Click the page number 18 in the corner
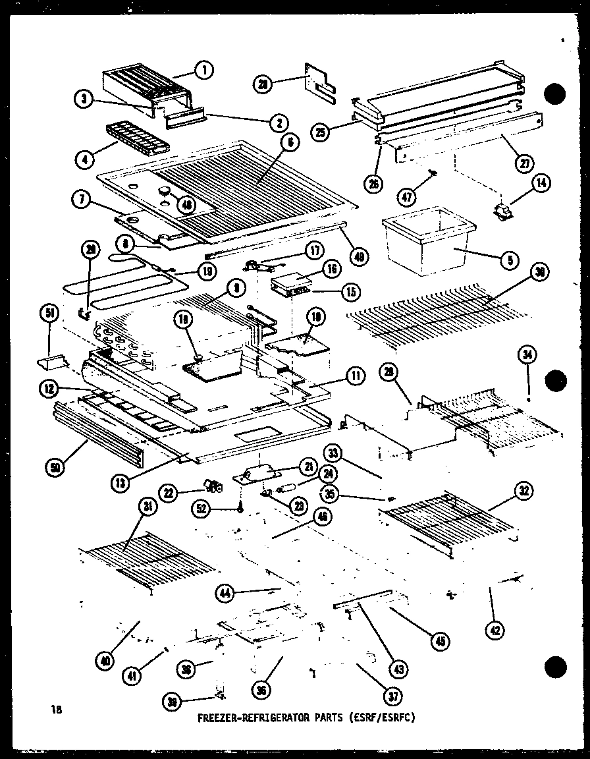[x=56, y=710]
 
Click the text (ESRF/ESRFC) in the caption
[x=379, y=718]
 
